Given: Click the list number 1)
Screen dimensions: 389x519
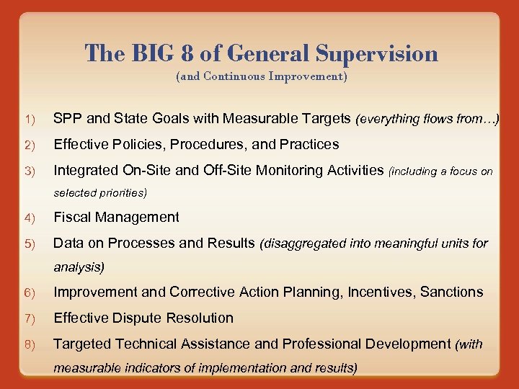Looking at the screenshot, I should click(x=30, y=119).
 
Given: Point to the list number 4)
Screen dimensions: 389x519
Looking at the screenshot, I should click(x=30, y=218).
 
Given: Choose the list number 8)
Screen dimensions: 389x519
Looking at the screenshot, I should click(x=30, y=344).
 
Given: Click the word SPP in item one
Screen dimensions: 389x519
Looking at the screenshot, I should click(x=67, y=118).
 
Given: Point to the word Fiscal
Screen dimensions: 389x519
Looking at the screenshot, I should click(x=73, y=217).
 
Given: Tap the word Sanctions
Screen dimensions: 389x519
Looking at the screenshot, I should click(x=452, y=292).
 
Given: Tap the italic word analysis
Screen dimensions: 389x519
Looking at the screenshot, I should click(x=78, y=267).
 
